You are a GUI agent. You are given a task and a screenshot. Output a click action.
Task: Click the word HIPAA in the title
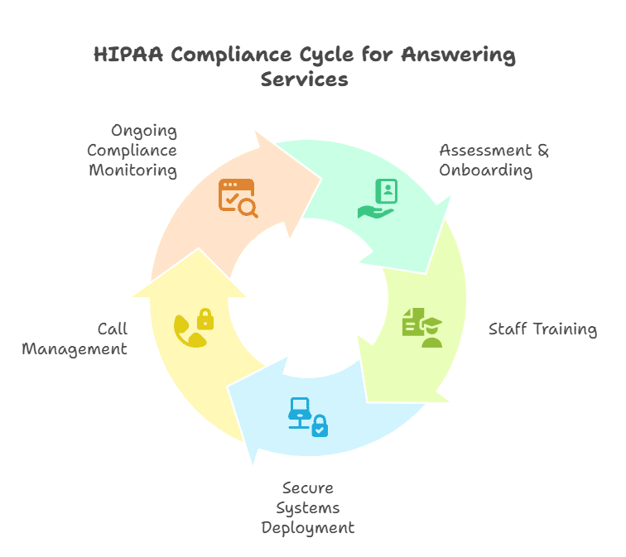[x=126, y=56]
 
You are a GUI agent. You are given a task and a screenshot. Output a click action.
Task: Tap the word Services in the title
[x=304, y=80]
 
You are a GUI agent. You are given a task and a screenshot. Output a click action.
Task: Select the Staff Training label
[x=542, y=329]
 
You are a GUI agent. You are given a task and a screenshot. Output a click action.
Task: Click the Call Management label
[x=75, y=339]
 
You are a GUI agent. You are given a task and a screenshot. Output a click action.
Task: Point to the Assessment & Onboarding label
[x=494, y=161]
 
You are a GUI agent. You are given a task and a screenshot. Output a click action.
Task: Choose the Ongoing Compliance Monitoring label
[x=132, y=151]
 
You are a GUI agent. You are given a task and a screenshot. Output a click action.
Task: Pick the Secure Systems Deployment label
[x=307, y=507]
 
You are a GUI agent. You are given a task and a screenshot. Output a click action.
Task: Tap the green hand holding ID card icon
[x=378, y=199]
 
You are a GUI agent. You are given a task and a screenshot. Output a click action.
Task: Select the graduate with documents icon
[x=422, y=327]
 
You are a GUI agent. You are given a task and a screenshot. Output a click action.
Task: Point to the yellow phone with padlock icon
[x=193, y=328]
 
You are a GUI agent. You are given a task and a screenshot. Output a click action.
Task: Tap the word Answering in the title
[x=458, y=56]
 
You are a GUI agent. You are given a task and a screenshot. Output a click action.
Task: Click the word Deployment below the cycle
[x=307, y=527]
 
